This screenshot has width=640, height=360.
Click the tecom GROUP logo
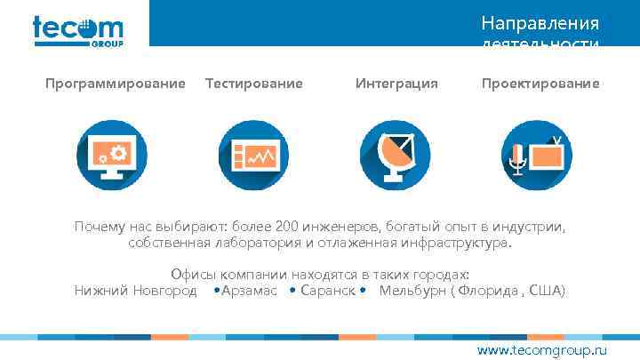[x=77, y=30]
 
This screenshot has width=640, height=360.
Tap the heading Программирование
[x=116, y=84]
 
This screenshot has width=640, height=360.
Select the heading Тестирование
[x=253, y=84]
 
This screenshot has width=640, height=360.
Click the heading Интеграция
[x=396, y=84]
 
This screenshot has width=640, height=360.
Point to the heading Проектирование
[x=540, y=84]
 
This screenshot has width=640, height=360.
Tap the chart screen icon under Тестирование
[x=253, y=154]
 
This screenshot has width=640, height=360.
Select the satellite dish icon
[x=396, y=154]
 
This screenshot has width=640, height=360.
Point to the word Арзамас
[x=249, y=291]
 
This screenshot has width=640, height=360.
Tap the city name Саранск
[x=328, y=291]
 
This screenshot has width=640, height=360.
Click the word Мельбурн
[x=413, y=291]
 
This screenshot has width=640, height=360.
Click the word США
[x=544, y=291]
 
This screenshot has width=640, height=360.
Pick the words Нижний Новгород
[x=135, y=291]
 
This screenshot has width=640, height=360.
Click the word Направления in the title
[x=540, y=22]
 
